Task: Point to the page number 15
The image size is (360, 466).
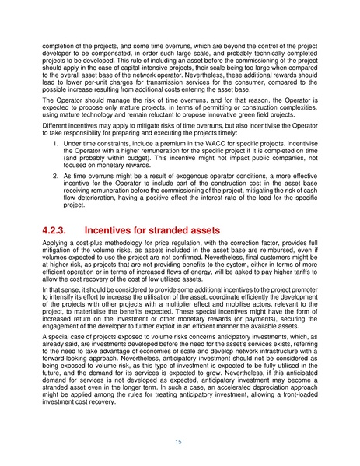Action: tap(180, 442)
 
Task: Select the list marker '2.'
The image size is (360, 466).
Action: tap(56, 176)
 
